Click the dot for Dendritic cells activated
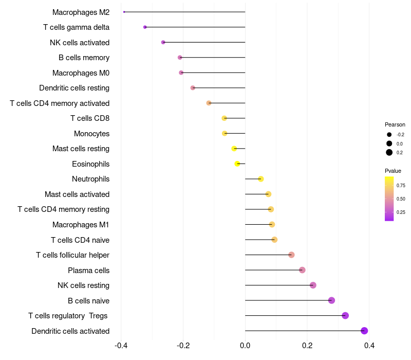coord(364,331)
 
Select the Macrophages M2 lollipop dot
coord(124,12)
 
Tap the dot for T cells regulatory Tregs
coord(345,316)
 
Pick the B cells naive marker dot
coord(331,300)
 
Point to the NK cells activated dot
coord(163,42)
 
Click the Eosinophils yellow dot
coord(237,164)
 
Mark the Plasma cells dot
coord(302,270)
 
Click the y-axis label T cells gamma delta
coord(76,27)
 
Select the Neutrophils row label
coord(90,179)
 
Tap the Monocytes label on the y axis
coord(91,134)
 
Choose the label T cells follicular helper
coord(72,255)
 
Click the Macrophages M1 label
coord(81,225)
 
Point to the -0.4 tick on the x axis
coord(121,346)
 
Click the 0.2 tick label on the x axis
coord(307,346)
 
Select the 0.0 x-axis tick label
coord(245,346)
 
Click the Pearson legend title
coord(395,124)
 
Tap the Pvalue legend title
coord(393,171)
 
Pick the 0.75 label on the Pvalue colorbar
coord(401,185)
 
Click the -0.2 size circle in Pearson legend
coord(389,135)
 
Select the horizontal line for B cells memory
coord(213,58)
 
